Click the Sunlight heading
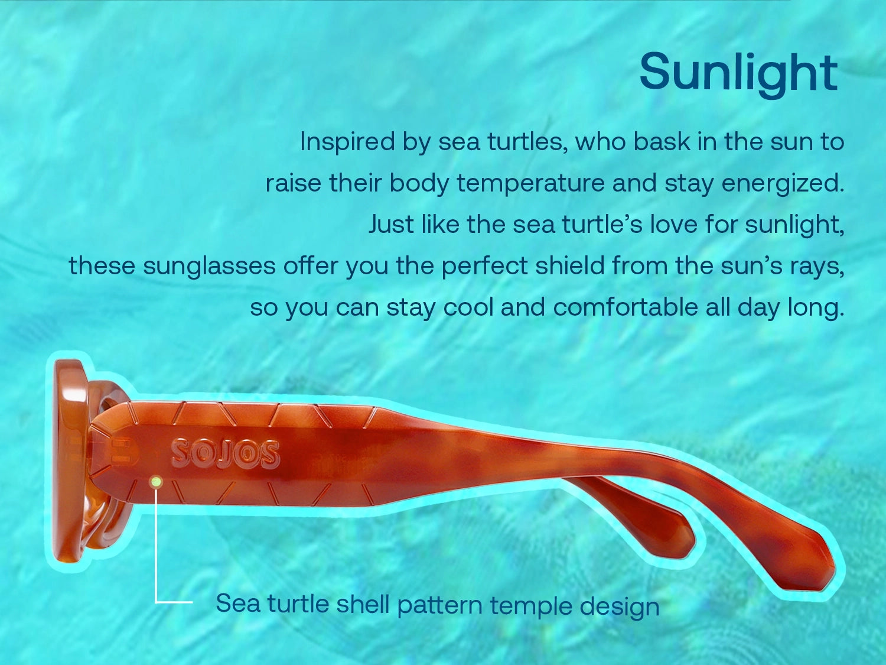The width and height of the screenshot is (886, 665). pos(738,73)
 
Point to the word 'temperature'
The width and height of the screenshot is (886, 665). pos(530,183)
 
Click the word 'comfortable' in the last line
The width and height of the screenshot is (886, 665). pos(626,307)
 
